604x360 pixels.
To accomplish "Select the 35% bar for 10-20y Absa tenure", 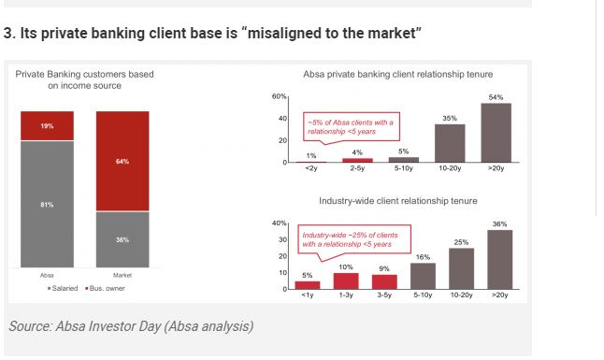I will coord(450,143).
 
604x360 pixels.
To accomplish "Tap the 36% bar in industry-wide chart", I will coord(499,259).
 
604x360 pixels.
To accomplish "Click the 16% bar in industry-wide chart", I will coord(423,276).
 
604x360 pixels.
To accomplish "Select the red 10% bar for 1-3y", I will coord(345,281).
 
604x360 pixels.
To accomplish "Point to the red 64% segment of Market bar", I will coord(122,161).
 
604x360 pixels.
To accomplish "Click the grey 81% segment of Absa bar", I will coord(47,204).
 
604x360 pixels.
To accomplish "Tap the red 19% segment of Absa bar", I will coord(47,125).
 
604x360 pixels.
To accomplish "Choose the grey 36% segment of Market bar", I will coord(122,239).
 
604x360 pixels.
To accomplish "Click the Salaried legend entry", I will coord(64,288).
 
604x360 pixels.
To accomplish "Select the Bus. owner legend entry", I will coord(105,288).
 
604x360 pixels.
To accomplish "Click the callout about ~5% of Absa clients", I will coord(351,127).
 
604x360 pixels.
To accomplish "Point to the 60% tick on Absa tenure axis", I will coord(279,96).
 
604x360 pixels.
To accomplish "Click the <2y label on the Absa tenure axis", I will coord(310,169).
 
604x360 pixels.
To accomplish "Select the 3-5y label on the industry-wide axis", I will coord(384,295).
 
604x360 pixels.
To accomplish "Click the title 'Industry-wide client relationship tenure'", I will coord(397,201).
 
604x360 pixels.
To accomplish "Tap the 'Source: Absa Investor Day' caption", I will coord(130,326).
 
